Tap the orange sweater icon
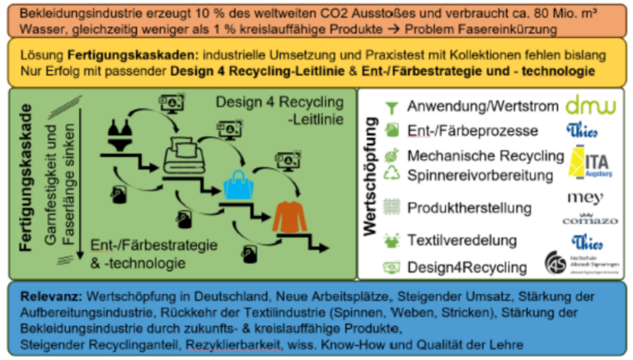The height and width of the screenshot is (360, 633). click(288, 217)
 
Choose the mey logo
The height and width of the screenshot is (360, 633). click(587, 199)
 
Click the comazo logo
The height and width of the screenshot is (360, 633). click(588, 221)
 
